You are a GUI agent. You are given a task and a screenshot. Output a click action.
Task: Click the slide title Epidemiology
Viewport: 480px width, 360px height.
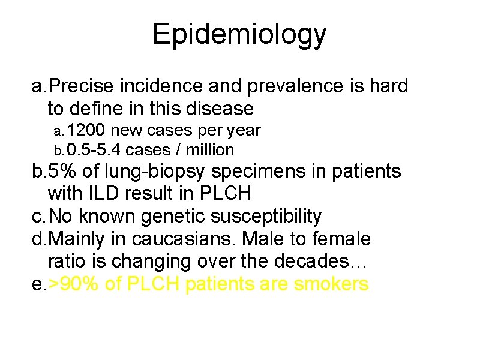239,34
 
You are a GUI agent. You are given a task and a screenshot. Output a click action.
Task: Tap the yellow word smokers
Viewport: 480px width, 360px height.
331,284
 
